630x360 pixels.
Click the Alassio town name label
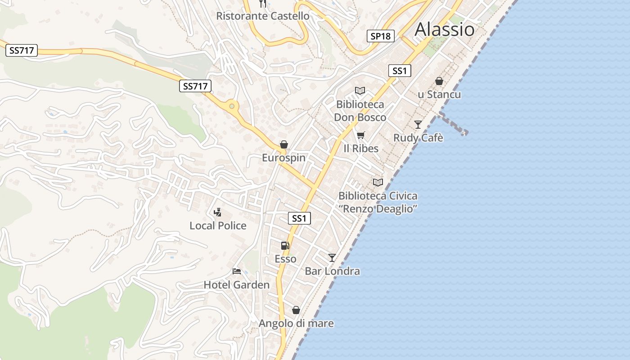tap(444, 30)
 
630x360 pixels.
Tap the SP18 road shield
tap(381, 36)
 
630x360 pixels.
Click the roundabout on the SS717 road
tap(232, 106)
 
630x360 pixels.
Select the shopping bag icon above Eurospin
tap(284, 144)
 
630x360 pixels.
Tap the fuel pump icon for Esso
tap(285, 245)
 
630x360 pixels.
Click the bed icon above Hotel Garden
tap(237, 271)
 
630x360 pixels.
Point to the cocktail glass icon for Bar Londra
tap(332, 257)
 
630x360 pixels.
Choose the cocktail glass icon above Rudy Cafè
tap(418, 124)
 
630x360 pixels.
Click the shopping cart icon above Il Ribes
tap(360, 135)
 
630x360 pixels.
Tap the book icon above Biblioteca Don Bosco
tap(360, 90)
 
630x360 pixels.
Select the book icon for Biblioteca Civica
tap(378, 182)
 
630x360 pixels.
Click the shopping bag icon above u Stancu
tap(439, 81)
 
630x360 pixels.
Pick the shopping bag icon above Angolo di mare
tap(296, 310)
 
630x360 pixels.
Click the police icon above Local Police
tap(218, 212)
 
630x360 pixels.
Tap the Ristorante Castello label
tap(263, 16)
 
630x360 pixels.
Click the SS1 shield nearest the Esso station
tap(299, 219)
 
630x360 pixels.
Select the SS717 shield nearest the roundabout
tap(195, 86)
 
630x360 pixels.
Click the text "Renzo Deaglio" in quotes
tap(378, 209)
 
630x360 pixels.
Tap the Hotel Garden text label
tap(237, 285)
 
